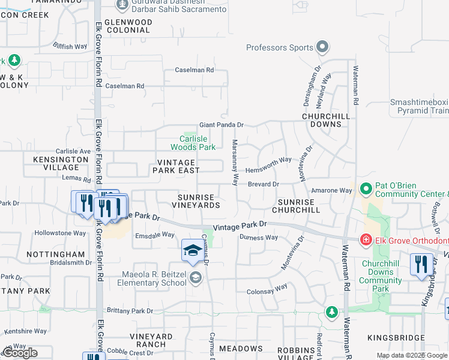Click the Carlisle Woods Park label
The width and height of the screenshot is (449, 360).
(193, 143)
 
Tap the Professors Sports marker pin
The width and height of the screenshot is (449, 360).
(322, 47)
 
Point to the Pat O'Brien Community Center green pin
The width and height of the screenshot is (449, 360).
(365, 190)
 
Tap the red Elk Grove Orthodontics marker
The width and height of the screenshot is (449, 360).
(365, 241)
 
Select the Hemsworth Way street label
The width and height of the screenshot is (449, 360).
(268, 160)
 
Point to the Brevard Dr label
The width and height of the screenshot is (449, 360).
(264, 184)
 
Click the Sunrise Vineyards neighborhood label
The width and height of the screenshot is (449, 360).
(199, 201)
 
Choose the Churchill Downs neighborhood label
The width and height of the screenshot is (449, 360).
(322, 120)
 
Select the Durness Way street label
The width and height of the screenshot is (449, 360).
(259, 238)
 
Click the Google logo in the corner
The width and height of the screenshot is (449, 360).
(20, 353)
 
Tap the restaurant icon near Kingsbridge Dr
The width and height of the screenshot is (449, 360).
(421, 264)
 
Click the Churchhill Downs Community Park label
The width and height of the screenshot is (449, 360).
(381, 276)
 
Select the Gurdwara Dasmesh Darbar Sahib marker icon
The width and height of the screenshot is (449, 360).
(122, 5)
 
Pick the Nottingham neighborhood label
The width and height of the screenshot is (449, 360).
(56, 254)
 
